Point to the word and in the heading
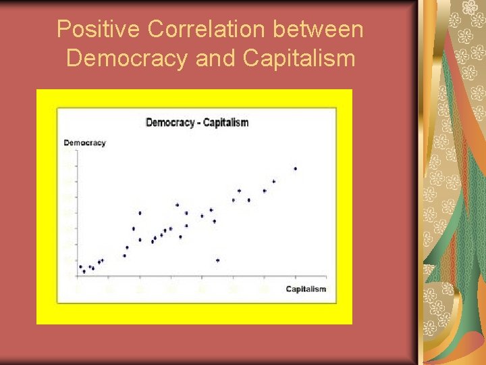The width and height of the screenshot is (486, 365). pyautogui.click(x=215, y=58)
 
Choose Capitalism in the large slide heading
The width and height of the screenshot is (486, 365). pyautogui.click(x=298, y=58)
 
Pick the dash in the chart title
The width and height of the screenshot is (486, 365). pyautogui.click(x=198, y=123)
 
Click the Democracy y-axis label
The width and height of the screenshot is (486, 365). pyautogui.click(x=84, y=143)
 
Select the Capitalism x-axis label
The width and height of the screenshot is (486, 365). pyautogui.click(x=306, y=289)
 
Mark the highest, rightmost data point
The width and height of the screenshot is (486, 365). pyautogui.click(x=295, y=168)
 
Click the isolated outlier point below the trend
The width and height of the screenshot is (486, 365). pyautogui.click(x=217, y=260)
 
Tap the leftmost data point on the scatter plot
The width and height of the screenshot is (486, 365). pyautogui.click(x=80, y=267)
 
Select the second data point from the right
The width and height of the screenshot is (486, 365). pyautogui.click(x=273, y=181)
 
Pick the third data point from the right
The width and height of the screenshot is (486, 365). pyautogui.click(x=264, y=191)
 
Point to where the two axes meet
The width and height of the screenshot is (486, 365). pyautogui.click(x=77, y=276)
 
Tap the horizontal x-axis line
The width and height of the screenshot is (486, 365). pyautogui.click(x=202, y=276)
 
